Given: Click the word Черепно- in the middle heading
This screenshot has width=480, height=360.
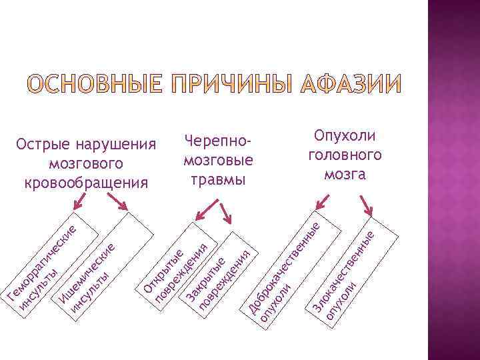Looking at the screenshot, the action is (217, 142).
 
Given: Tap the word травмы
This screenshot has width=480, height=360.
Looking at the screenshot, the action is (217, 179).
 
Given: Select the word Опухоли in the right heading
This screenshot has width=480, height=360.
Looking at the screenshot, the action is (345, 136).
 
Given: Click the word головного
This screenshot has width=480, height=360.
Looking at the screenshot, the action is (345, 155).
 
